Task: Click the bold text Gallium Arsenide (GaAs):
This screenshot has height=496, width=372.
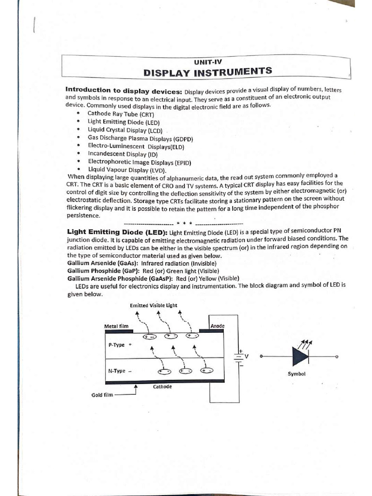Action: tap(102, 263)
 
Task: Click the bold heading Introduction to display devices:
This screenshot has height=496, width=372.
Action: tap(124, 91)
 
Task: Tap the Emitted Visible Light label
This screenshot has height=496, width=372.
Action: tap(154, 306)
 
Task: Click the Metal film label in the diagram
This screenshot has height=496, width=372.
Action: tap(116, 326)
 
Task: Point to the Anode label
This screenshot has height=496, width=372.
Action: tap(217, 326)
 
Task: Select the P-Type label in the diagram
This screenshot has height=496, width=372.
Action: tap(118, 345)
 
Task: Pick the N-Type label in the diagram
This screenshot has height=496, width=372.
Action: tap(117, 371)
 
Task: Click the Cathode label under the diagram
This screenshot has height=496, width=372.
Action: tap(162, 387)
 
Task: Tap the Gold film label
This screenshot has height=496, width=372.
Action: tap(102, 395)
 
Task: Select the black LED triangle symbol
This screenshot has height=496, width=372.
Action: tap(299, 356)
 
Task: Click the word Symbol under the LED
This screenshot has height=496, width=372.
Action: tap(296, 374)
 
